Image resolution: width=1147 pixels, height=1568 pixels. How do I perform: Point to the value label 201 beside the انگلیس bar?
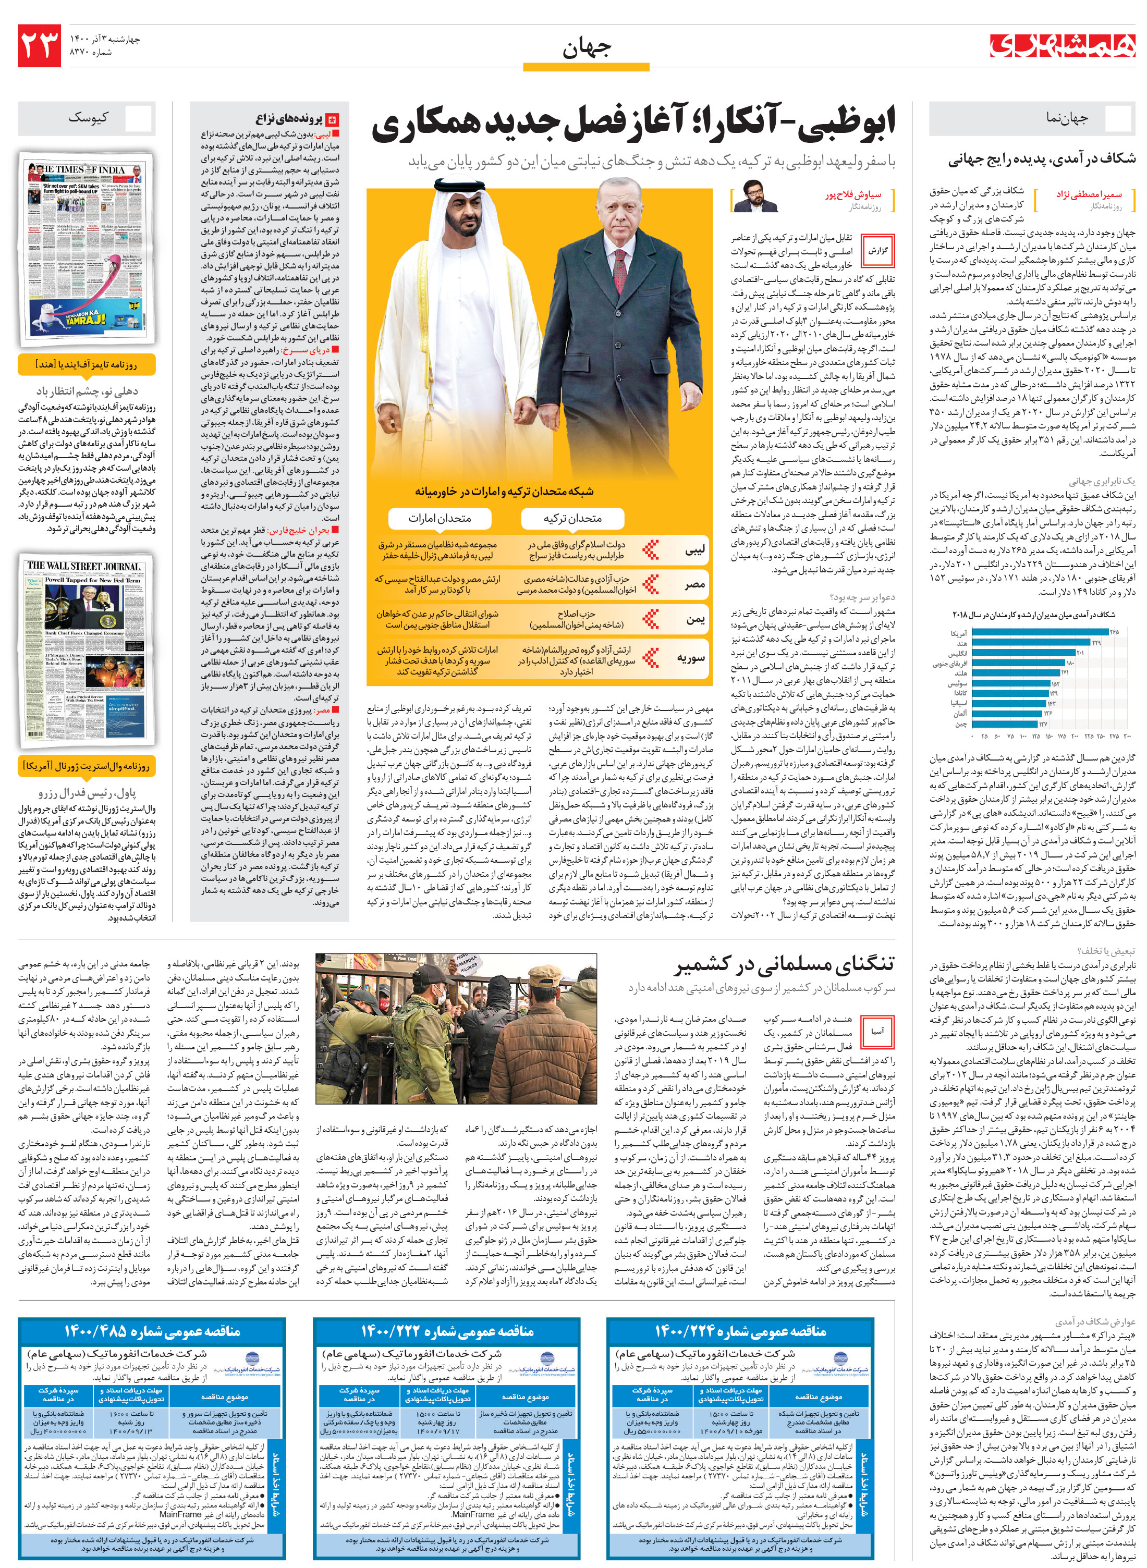1080,653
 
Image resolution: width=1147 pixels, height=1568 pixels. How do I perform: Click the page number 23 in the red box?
40,46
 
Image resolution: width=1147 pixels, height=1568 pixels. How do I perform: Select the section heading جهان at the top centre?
586,48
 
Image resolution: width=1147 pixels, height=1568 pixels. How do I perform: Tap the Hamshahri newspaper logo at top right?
1063,45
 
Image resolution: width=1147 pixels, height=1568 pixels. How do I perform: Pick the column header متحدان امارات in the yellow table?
440,518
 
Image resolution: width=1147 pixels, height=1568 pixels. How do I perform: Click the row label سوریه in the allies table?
691,658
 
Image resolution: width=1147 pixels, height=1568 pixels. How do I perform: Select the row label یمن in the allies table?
695,619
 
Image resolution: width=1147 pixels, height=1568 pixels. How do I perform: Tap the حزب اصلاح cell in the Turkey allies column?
576,619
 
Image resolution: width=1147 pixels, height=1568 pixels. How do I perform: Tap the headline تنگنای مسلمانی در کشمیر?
785,964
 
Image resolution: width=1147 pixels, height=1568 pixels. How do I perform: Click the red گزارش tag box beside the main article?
878,251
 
